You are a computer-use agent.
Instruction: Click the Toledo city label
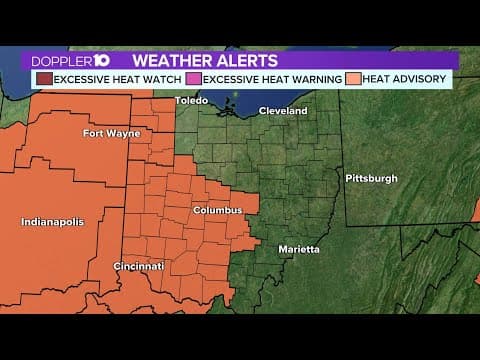pyautogui.click(x=191, y=101)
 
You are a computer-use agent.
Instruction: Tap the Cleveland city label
pyautogui.click(x=283, y=111)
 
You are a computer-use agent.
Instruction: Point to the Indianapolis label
pyautogui.click(x=53, y=221)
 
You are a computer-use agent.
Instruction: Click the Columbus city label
pyautogui.click(x=217, y=211)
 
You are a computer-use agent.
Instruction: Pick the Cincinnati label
pyautogui.click(x=138, y=267)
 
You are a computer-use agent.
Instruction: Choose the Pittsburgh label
pyautogui.click(x=371, y=178)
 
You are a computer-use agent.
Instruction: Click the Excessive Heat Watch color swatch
pyautogui.click(x=43, y=78)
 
